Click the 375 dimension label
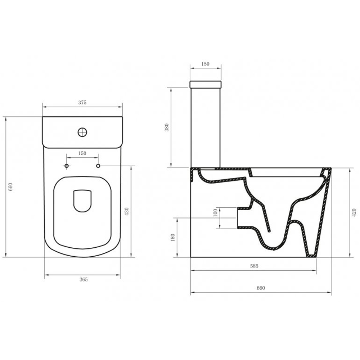[x=82, y=103]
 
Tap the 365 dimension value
[x=84, y=279]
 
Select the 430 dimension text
[x=127, y=211]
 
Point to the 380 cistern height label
[x=167, y=127]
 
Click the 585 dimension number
[x=254, y=266]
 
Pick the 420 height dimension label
[x=354, y=213]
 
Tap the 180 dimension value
[x=173, y=237]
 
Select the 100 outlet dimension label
[x=215, y=213]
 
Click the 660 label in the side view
[x=261, y=288]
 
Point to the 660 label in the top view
[x=10, y=187]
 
